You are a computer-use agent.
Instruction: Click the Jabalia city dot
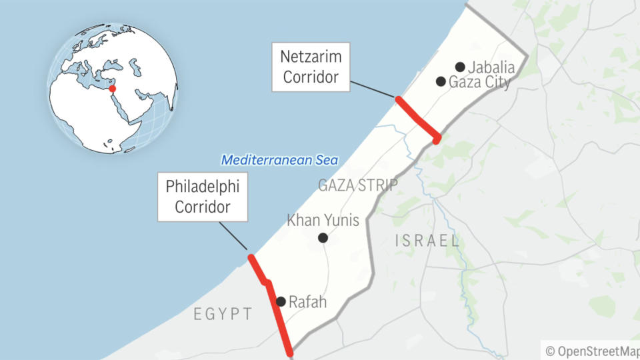pyautogui.click(x=460, y=67)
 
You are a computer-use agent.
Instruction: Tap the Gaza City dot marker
pyautogui.click(x=441, y=81)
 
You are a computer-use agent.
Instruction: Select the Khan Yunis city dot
pyautogui.click(x=323, y=238)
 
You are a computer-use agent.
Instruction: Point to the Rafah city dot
pyautogui.click(x=281, y=301)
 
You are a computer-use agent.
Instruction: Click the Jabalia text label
pyautogui.click(x=491, y=67)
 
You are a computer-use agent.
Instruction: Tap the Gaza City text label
pyautogui.click(x=480, y=83)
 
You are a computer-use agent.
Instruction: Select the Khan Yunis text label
pyautogui.click(x=323, y=220)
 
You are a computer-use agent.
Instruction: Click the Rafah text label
pyautogui.click(x=308, y=302)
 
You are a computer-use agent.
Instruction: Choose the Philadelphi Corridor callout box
pyautogui.click(x=203, y=197)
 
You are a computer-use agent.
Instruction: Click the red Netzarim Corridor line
pyautogui.click(x=417, y=119)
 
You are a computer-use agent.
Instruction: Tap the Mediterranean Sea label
pyautogui.click(x=280, y=160)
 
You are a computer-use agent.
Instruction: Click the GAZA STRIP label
pyautogui.click(x=358, y=185)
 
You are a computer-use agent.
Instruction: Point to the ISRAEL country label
pyautogui.click(x=427, y=241)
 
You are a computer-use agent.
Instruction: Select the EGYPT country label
pyautogui.click(x=223, y=314)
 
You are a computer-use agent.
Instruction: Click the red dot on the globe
pyautogui.click(x=112, y=89)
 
